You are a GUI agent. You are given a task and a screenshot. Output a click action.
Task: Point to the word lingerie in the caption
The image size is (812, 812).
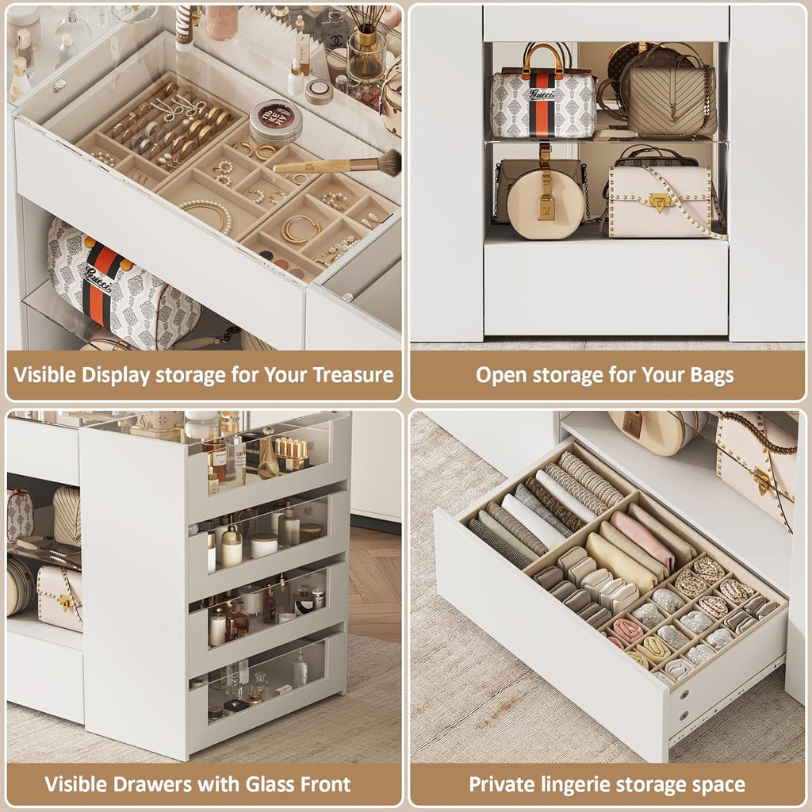[x=566, y=785]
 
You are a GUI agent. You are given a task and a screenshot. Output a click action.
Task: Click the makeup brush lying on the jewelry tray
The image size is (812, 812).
[x=341, y=164]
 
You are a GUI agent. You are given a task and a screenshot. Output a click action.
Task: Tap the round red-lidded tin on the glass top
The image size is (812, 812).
[x=275, y=121]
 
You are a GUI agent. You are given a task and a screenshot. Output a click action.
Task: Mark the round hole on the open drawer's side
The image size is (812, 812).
[x=683, y=694]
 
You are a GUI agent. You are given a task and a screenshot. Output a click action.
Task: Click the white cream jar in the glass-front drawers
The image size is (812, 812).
[x=264, y=545]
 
